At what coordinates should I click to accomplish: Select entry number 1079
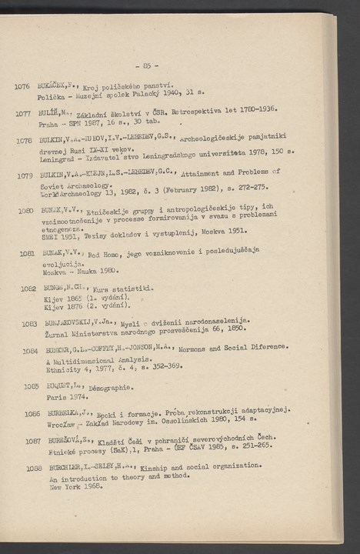[23, 175]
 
